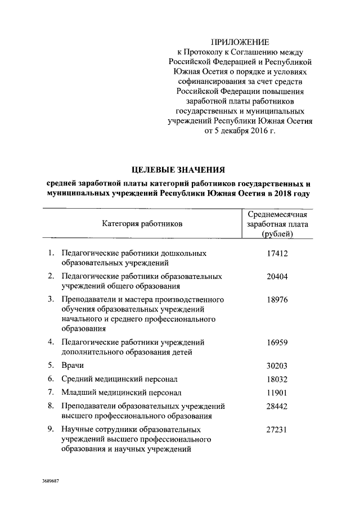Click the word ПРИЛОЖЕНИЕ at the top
(240, 43)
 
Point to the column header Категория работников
(142, 224)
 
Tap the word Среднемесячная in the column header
(277, 214)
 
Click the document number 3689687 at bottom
(51, 483)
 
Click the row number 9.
(51, 429)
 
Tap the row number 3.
(51, 300)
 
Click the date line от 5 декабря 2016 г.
(240, 130)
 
